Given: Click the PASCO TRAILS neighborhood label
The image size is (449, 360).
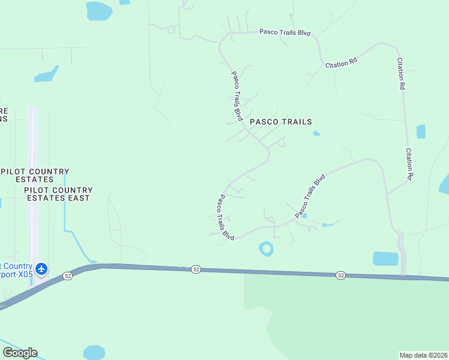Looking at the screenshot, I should (281, 122).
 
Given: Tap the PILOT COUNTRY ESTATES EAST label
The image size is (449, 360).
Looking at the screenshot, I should (57, 194).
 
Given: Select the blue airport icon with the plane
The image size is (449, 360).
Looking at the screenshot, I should (41, 268).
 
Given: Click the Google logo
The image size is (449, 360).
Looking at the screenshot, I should (20, 353).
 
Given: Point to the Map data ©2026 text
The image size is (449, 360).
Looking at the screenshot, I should (424, 355).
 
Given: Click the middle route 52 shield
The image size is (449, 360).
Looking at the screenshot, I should (196, 270).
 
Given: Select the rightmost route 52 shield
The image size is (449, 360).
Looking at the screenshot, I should (341, 275).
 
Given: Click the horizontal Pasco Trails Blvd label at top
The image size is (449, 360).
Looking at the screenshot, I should (285, 32).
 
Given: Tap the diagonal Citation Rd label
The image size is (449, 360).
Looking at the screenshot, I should (342, 62).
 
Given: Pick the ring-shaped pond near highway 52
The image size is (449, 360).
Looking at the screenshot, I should (266, 248).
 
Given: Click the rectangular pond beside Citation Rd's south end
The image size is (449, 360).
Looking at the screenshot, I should (385, 259).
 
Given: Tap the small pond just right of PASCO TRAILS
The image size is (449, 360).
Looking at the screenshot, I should (316, 133).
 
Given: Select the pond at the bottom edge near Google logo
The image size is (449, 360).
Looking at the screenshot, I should (94, 353).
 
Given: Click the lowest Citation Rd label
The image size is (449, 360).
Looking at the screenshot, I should (409, 164).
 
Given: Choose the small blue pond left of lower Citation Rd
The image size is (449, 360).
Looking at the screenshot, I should (421, 131).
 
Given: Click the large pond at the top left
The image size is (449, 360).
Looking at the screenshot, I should (98, 10).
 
